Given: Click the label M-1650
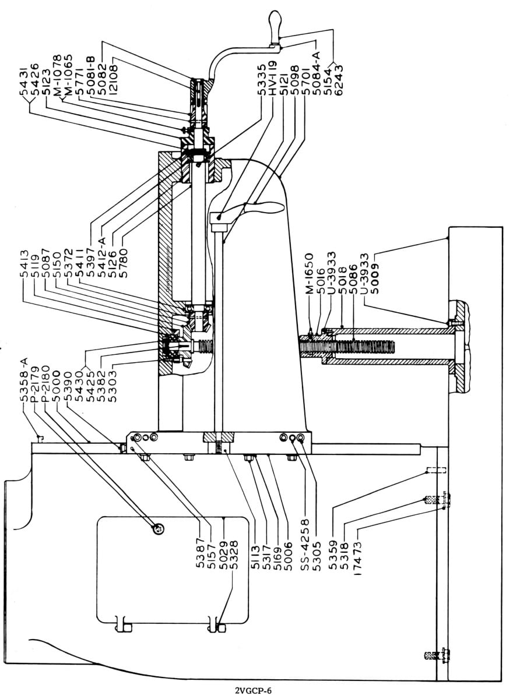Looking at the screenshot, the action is click(309, 274).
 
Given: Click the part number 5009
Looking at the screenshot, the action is click(374, 278).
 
